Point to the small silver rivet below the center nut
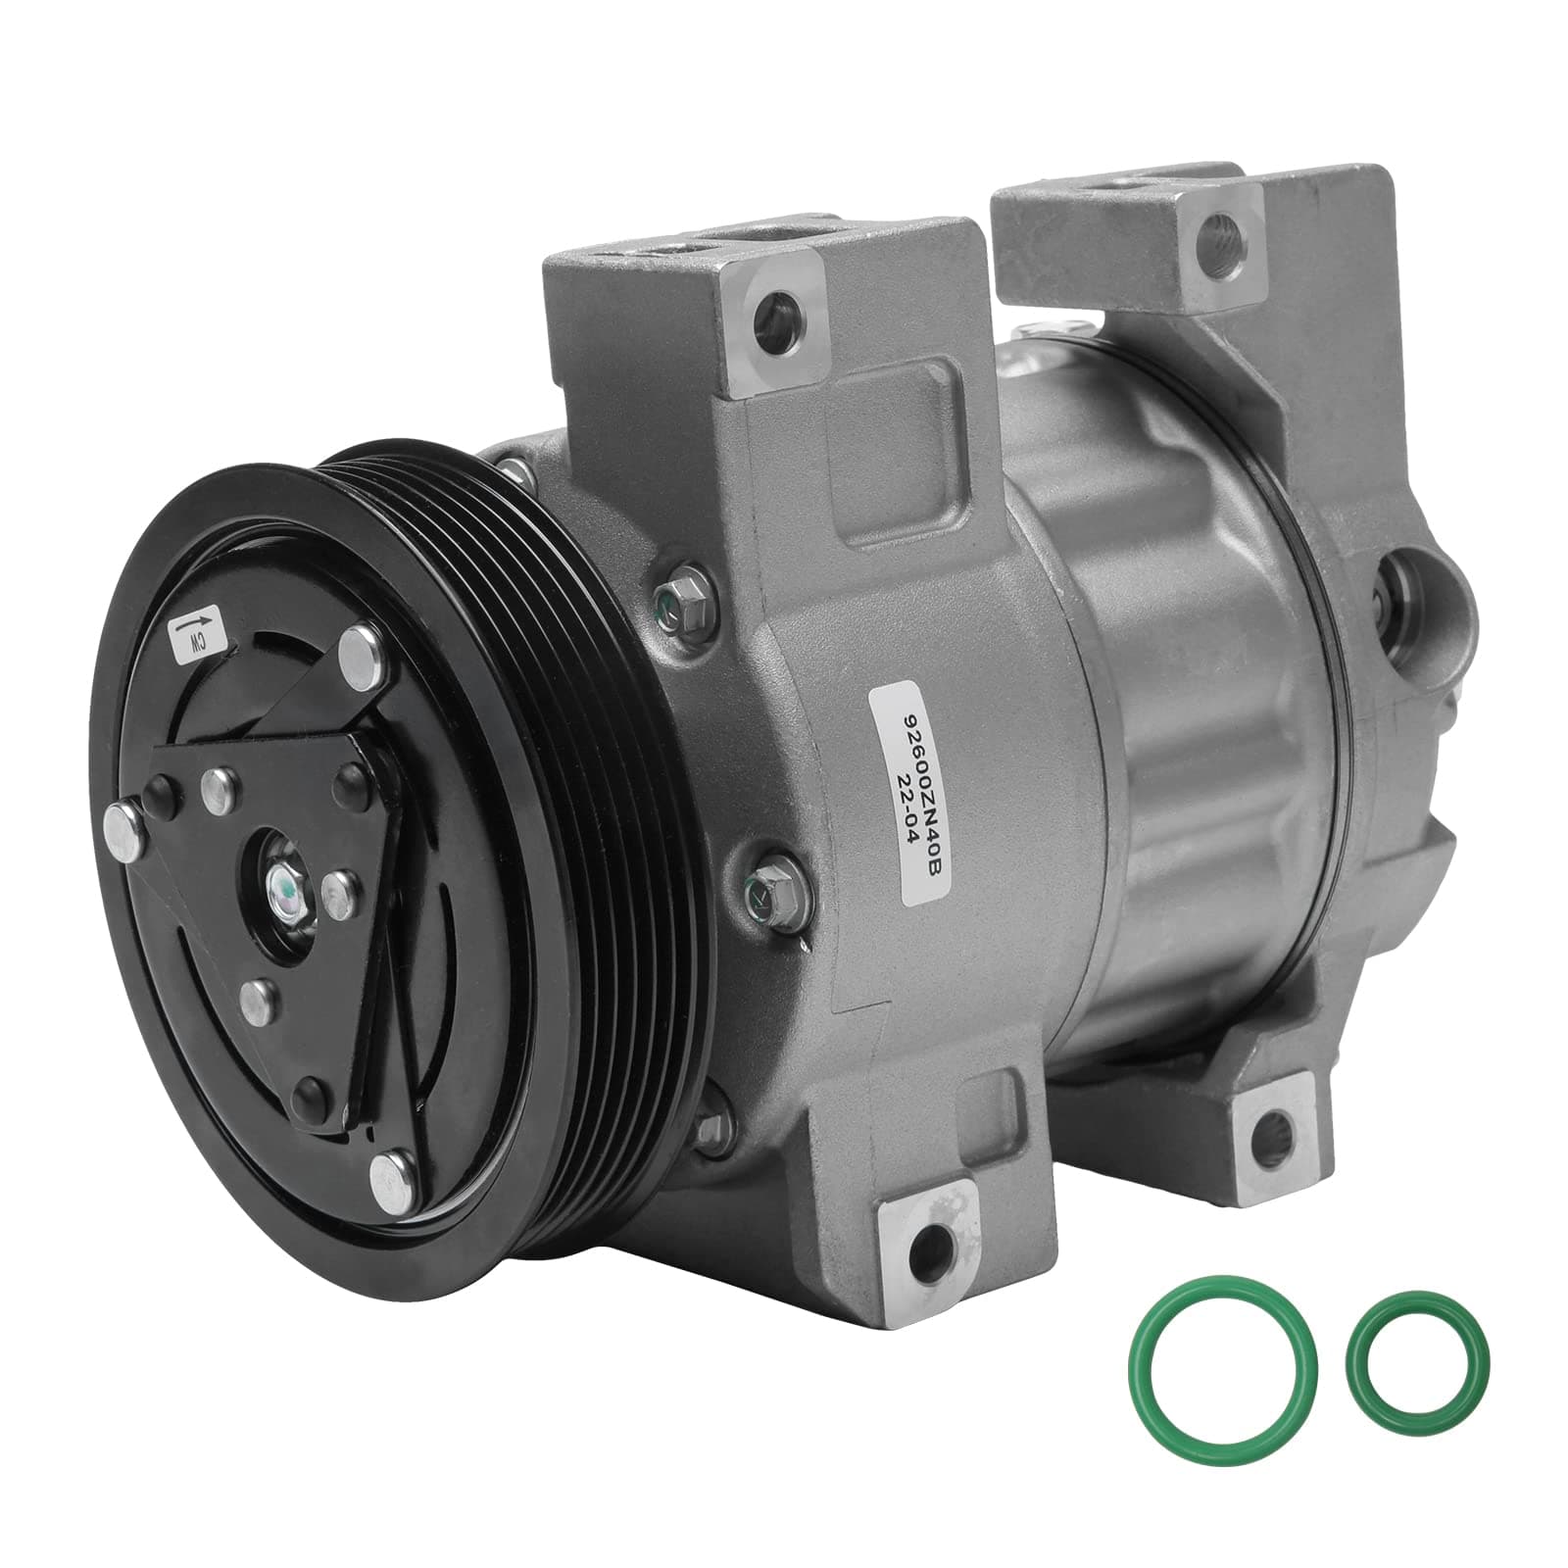point(258,997)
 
